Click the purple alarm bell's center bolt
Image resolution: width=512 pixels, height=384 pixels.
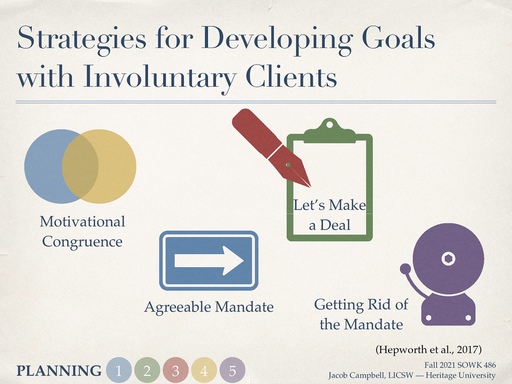[448, 259]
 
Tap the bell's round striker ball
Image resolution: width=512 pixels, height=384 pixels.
[405, 268]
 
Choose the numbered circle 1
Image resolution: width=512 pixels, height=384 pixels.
[119, 370]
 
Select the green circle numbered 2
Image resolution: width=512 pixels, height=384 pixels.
[147, 370]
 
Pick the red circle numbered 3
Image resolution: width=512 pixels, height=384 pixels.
[175, 370]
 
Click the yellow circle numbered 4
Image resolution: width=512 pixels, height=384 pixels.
[204, 370]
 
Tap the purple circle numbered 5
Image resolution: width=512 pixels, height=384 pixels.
[232, 370]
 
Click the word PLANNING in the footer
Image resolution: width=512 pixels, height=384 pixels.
[59, 371]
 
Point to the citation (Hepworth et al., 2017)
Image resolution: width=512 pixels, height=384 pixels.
[428, 349]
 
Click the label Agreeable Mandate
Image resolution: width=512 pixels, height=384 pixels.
[209, 307]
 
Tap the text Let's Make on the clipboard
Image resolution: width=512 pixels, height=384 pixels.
[330, 205]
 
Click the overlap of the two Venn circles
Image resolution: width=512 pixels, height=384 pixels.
[80, 166]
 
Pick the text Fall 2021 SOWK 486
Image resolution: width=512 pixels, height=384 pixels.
[460, 365]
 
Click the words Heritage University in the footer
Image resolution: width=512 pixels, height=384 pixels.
[460, 375]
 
